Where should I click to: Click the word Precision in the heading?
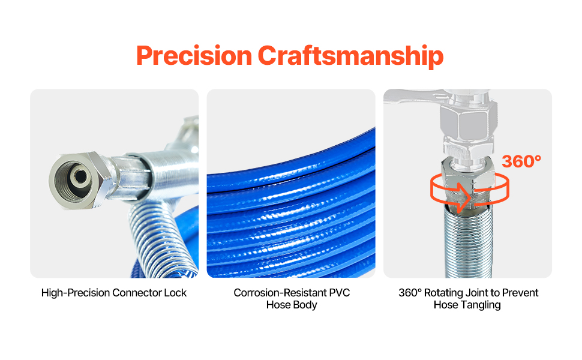click(194, 56)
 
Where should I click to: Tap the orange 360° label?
click(521, 161)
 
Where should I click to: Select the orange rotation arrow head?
click(463, 197)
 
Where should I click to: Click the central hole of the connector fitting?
click(79, 176)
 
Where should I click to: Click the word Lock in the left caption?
click(175, 293)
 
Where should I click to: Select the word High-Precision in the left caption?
click(76, 293)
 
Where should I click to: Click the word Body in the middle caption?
click(306, 305)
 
